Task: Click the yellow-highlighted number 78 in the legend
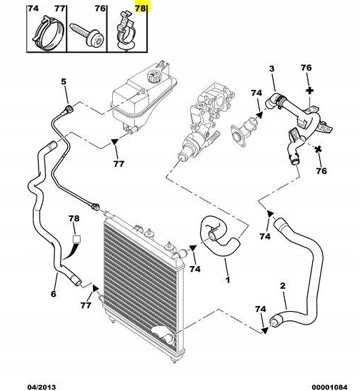click(140, 9)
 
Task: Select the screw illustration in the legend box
click(86, 35)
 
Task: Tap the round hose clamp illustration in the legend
click(48, 33)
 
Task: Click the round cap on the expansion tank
click(154, 76)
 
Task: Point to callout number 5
click(64, 81)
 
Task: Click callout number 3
click(271, 68)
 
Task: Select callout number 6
click(54, 294)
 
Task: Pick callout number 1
click(227, 280)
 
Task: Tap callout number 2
click(282, 286)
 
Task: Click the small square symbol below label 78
click(76, 239)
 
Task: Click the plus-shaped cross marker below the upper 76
click(309, 91)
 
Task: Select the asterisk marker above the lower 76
click(319, 150)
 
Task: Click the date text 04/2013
click(41, 387)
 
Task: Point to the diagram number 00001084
click(329, 387)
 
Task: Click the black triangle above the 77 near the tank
click(114, 142)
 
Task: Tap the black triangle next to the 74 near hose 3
click(260, 114)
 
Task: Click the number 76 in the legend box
click(100, 9)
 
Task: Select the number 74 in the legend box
click(33, 9)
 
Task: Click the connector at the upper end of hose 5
click(69, 110)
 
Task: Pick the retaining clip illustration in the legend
click(126, 31)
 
